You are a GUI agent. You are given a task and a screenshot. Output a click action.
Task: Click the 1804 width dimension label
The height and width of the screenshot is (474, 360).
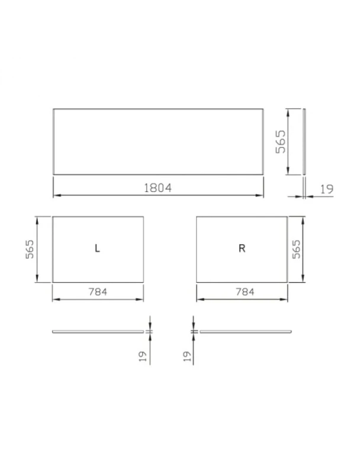pos(157,188)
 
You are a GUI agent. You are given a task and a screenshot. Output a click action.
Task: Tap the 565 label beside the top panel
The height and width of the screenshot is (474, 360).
pos(281,142)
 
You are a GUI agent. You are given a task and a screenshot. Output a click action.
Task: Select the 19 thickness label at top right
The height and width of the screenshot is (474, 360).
pos(327,189)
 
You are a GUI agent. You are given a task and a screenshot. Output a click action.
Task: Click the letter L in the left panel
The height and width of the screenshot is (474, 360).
pos(97,248)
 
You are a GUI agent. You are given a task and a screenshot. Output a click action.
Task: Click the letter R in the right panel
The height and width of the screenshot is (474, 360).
pos(242,248)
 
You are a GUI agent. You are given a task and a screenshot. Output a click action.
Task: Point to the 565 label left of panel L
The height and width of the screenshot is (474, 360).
pos(30,249)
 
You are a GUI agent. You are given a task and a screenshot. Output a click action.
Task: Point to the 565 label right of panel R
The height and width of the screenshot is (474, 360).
pos(297,249)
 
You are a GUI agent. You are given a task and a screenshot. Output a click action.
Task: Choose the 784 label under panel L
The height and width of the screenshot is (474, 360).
pos(98,292)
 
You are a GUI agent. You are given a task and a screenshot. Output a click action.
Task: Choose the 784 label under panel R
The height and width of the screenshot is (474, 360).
pos(245,292)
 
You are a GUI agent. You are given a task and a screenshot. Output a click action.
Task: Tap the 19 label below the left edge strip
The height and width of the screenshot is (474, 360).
pos(143,356)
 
